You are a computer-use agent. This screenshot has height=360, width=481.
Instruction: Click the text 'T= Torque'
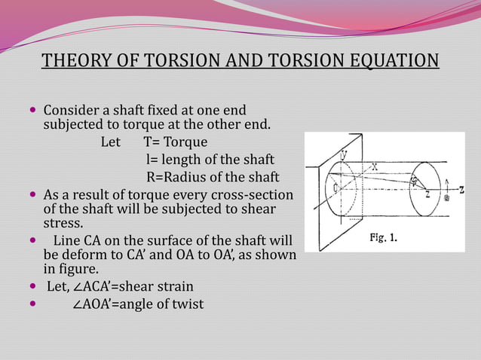(175, 142)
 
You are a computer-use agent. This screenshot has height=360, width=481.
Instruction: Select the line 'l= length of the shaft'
(210, 160)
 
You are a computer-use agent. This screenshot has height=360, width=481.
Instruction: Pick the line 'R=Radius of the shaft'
(212, 177)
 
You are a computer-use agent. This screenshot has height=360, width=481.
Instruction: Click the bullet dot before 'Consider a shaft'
(32, 110)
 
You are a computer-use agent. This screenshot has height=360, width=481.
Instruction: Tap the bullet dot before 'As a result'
(32, 194)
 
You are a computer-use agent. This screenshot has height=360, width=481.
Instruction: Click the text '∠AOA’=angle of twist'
(137, 304)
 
